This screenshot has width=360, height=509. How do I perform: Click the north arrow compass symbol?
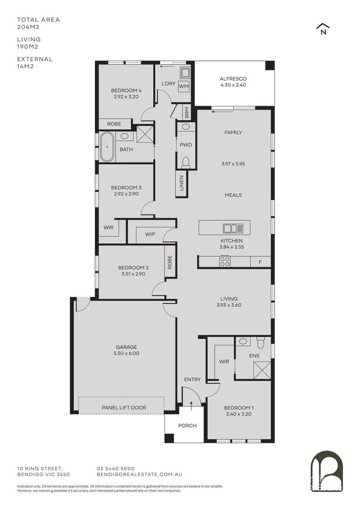click(323, 29)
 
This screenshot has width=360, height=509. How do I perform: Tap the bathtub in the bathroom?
click(107, 147)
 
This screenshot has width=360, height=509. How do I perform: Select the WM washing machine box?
click(184, 87)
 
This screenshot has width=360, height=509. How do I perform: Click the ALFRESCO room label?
click(233, 79)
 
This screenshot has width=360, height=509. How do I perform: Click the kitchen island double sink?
click(233, 229)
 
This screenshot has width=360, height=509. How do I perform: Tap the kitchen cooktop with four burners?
click(225, 262)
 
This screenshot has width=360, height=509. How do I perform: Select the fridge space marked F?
click(259, 262)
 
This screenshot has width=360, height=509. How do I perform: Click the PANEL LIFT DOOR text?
click(124, 407)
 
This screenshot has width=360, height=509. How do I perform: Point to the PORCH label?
click(187, 426)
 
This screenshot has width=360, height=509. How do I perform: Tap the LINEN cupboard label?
click(182, 184)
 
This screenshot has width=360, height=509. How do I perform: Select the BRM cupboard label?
click(187, 113)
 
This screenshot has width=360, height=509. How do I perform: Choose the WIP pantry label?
click(150, 234)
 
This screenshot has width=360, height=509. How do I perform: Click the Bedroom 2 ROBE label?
click(169, 262)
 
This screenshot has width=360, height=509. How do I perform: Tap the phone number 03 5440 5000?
click(115, 468)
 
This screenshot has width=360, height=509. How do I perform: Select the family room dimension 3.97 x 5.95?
click(233, 164)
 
